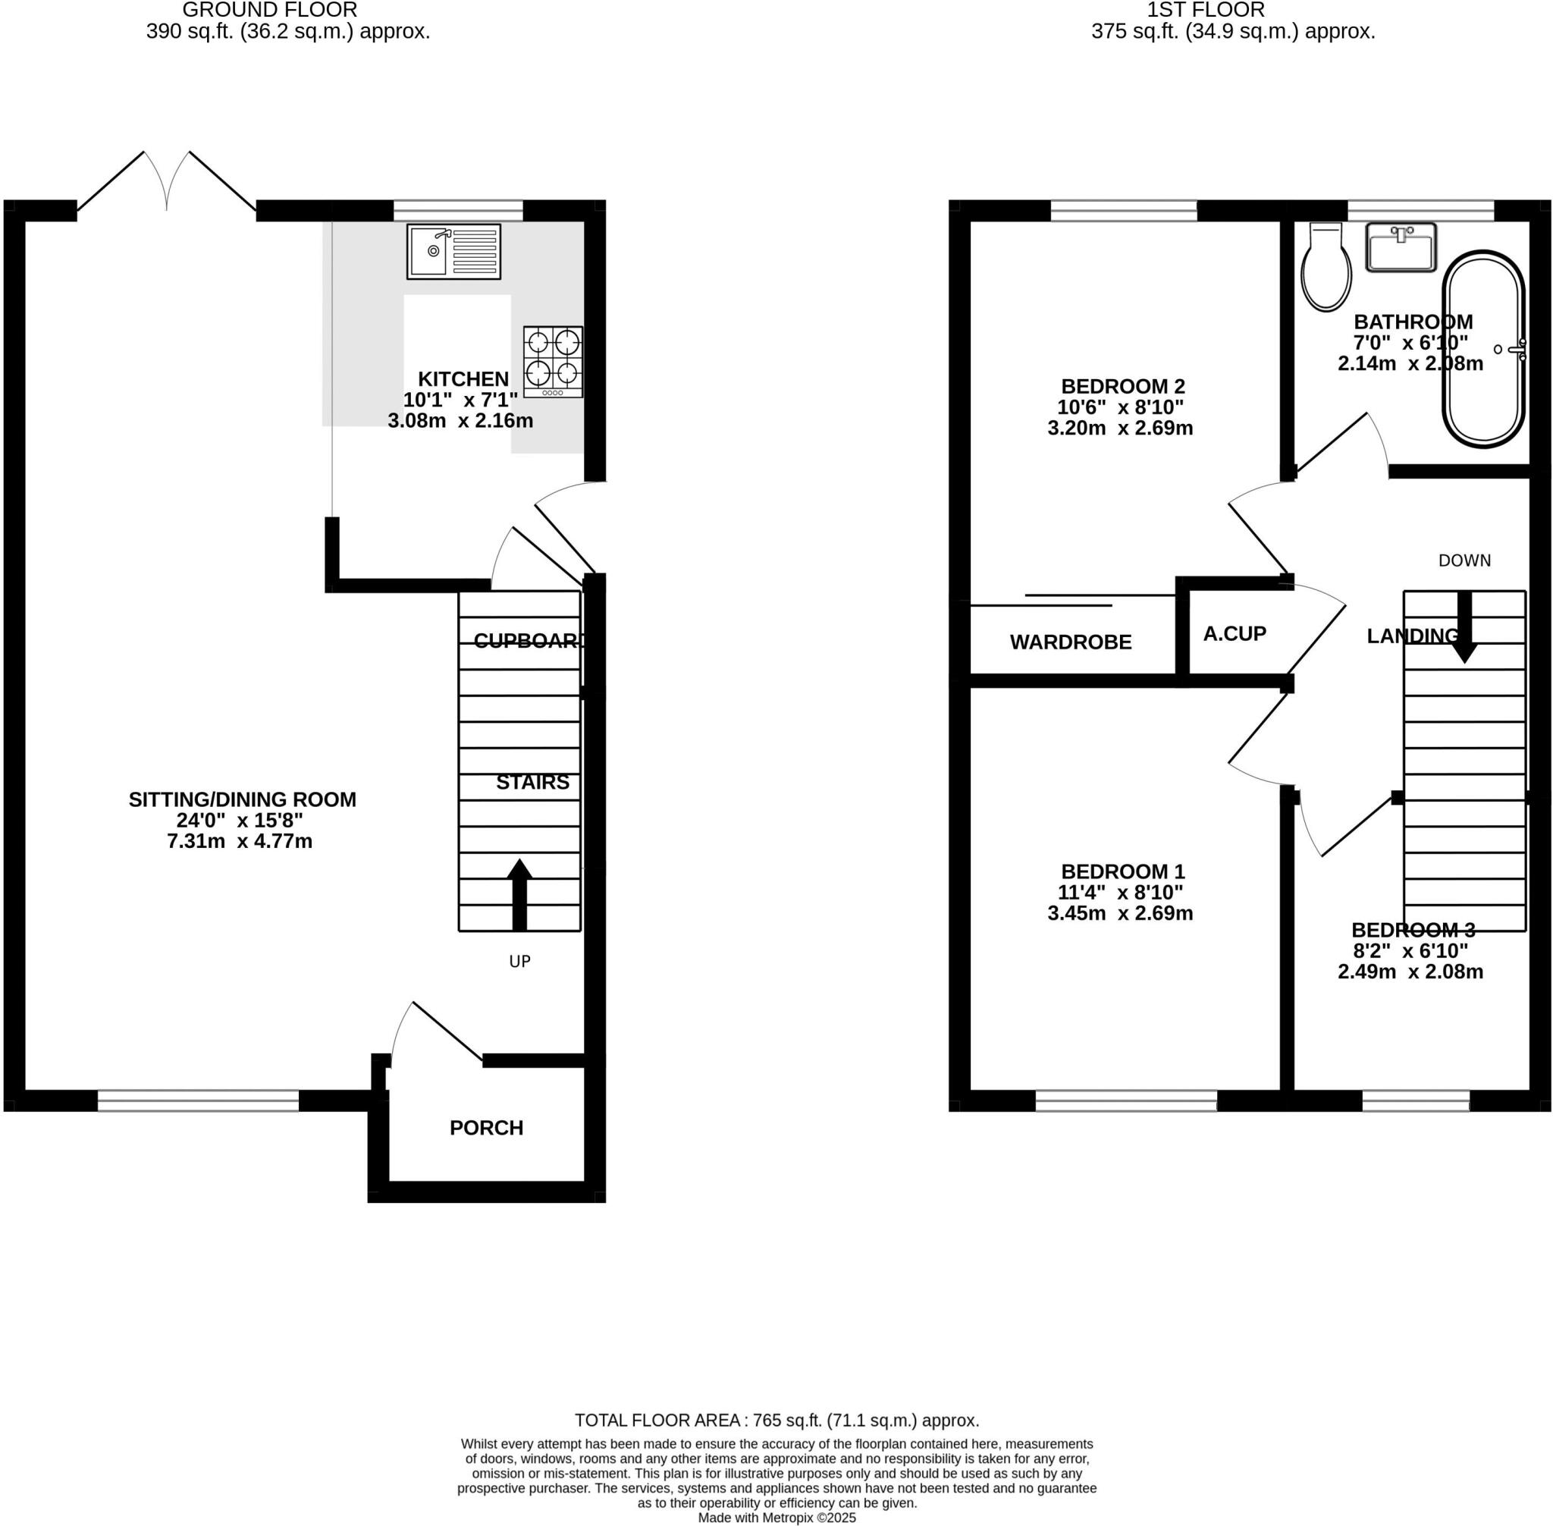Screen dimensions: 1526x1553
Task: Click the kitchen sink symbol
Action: coord(453,252)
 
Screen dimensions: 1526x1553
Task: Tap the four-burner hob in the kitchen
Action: coord(553,361)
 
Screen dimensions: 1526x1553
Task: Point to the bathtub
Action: coord(1483,350)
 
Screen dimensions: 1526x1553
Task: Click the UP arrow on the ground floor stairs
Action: coord(519,893)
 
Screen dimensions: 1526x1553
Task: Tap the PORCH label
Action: coord(486,1128)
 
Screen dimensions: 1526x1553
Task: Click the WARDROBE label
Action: coord(1071,642)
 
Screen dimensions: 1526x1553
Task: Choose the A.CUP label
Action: coord(1235,634)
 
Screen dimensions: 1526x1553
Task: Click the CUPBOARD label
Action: coord(527,640)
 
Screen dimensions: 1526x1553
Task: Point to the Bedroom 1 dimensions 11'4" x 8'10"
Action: coord(1120,892)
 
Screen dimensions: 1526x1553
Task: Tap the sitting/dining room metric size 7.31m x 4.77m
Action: coord(240,841)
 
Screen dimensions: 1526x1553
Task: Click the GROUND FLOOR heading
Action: coord(270,11)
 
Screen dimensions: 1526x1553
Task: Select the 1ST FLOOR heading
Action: coord(1205,11)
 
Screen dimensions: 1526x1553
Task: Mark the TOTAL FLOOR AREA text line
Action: coord(776,1421)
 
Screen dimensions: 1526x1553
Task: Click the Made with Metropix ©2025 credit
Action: coord(776,1517)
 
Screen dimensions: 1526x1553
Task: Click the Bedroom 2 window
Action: coord(1124,211)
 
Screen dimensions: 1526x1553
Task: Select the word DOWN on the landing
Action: coord(1464,560)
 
